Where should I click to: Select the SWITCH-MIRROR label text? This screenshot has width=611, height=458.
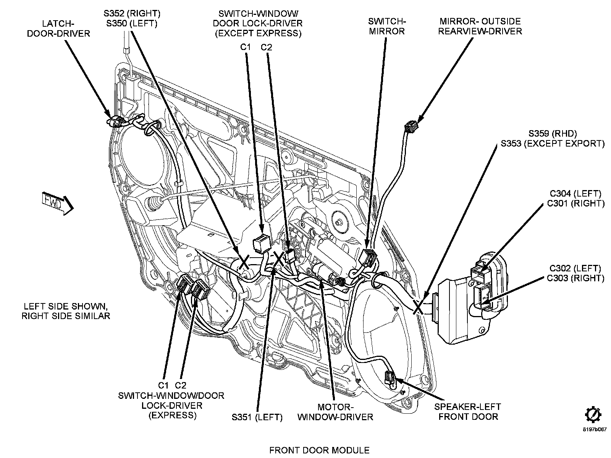(x=386, y=26)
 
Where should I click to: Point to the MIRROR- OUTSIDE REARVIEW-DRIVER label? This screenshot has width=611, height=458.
(x=480, y=26)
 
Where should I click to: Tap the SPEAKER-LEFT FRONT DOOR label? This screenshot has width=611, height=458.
(x=468, y=411)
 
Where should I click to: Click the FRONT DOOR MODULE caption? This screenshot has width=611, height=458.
(x=319, y=450)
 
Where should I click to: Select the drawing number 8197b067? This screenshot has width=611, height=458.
(x=594, y=429)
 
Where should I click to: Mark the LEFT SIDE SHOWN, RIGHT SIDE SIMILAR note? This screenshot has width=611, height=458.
(x=66, y=311)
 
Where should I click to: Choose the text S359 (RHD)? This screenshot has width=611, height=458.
(x=552, y=134)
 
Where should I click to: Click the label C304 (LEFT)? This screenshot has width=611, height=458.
(x=576, y=194)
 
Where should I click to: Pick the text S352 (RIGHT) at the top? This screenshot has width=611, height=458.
(x=132, y=14)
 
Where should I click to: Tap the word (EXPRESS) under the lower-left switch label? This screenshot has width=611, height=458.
(x=172, y=415)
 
